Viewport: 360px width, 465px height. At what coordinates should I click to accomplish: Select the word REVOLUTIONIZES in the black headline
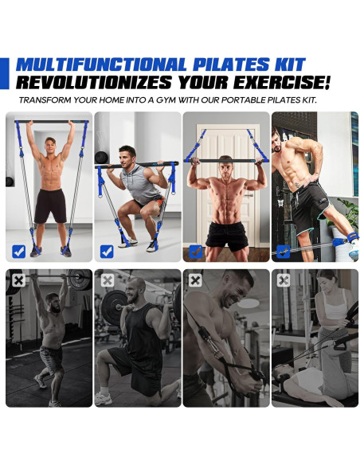coord(94,82)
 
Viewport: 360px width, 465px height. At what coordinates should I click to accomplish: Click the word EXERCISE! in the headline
coord(282,82)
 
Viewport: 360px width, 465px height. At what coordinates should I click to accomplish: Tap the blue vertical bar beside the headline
coord(5,73)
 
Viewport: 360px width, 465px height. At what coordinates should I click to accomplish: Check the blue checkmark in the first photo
coord(18,252)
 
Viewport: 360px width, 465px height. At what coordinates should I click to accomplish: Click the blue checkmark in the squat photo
coord(107,252)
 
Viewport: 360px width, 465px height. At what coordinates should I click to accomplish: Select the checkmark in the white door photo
coord(196,252)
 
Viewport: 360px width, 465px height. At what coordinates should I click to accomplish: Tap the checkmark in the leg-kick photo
coord(284,252)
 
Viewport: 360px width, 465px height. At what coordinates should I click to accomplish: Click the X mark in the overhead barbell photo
coord(18,280)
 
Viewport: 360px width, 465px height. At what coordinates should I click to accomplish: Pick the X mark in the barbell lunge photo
coord(107,280)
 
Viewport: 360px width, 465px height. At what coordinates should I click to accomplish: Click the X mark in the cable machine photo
coord(195,280)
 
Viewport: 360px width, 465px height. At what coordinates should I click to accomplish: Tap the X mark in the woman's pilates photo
coord(284,280)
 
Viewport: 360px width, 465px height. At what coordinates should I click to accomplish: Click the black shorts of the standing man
coord(50,205)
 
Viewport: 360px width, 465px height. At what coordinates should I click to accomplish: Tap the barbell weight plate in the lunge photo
coord(114,307)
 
